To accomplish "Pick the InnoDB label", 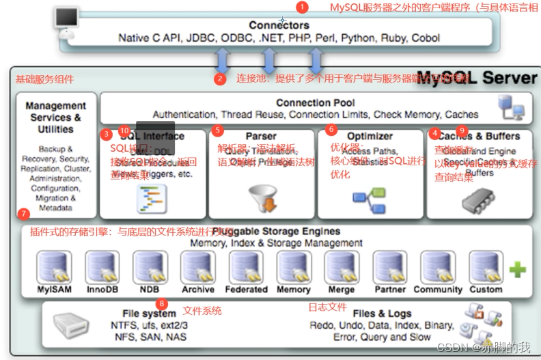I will [102, 290].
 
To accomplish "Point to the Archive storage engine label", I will [198, 290].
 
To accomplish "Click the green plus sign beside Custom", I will [518, 269].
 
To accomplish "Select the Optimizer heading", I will [370, 136].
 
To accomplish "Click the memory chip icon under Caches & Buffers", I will [477, 199].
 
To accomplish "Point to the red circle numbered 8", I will [161, 303].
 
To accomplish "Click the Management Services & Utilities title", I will [55, 117].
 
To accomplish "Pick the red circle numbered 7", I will [25, 214].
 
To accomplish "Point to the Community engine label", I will [438, 290].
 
